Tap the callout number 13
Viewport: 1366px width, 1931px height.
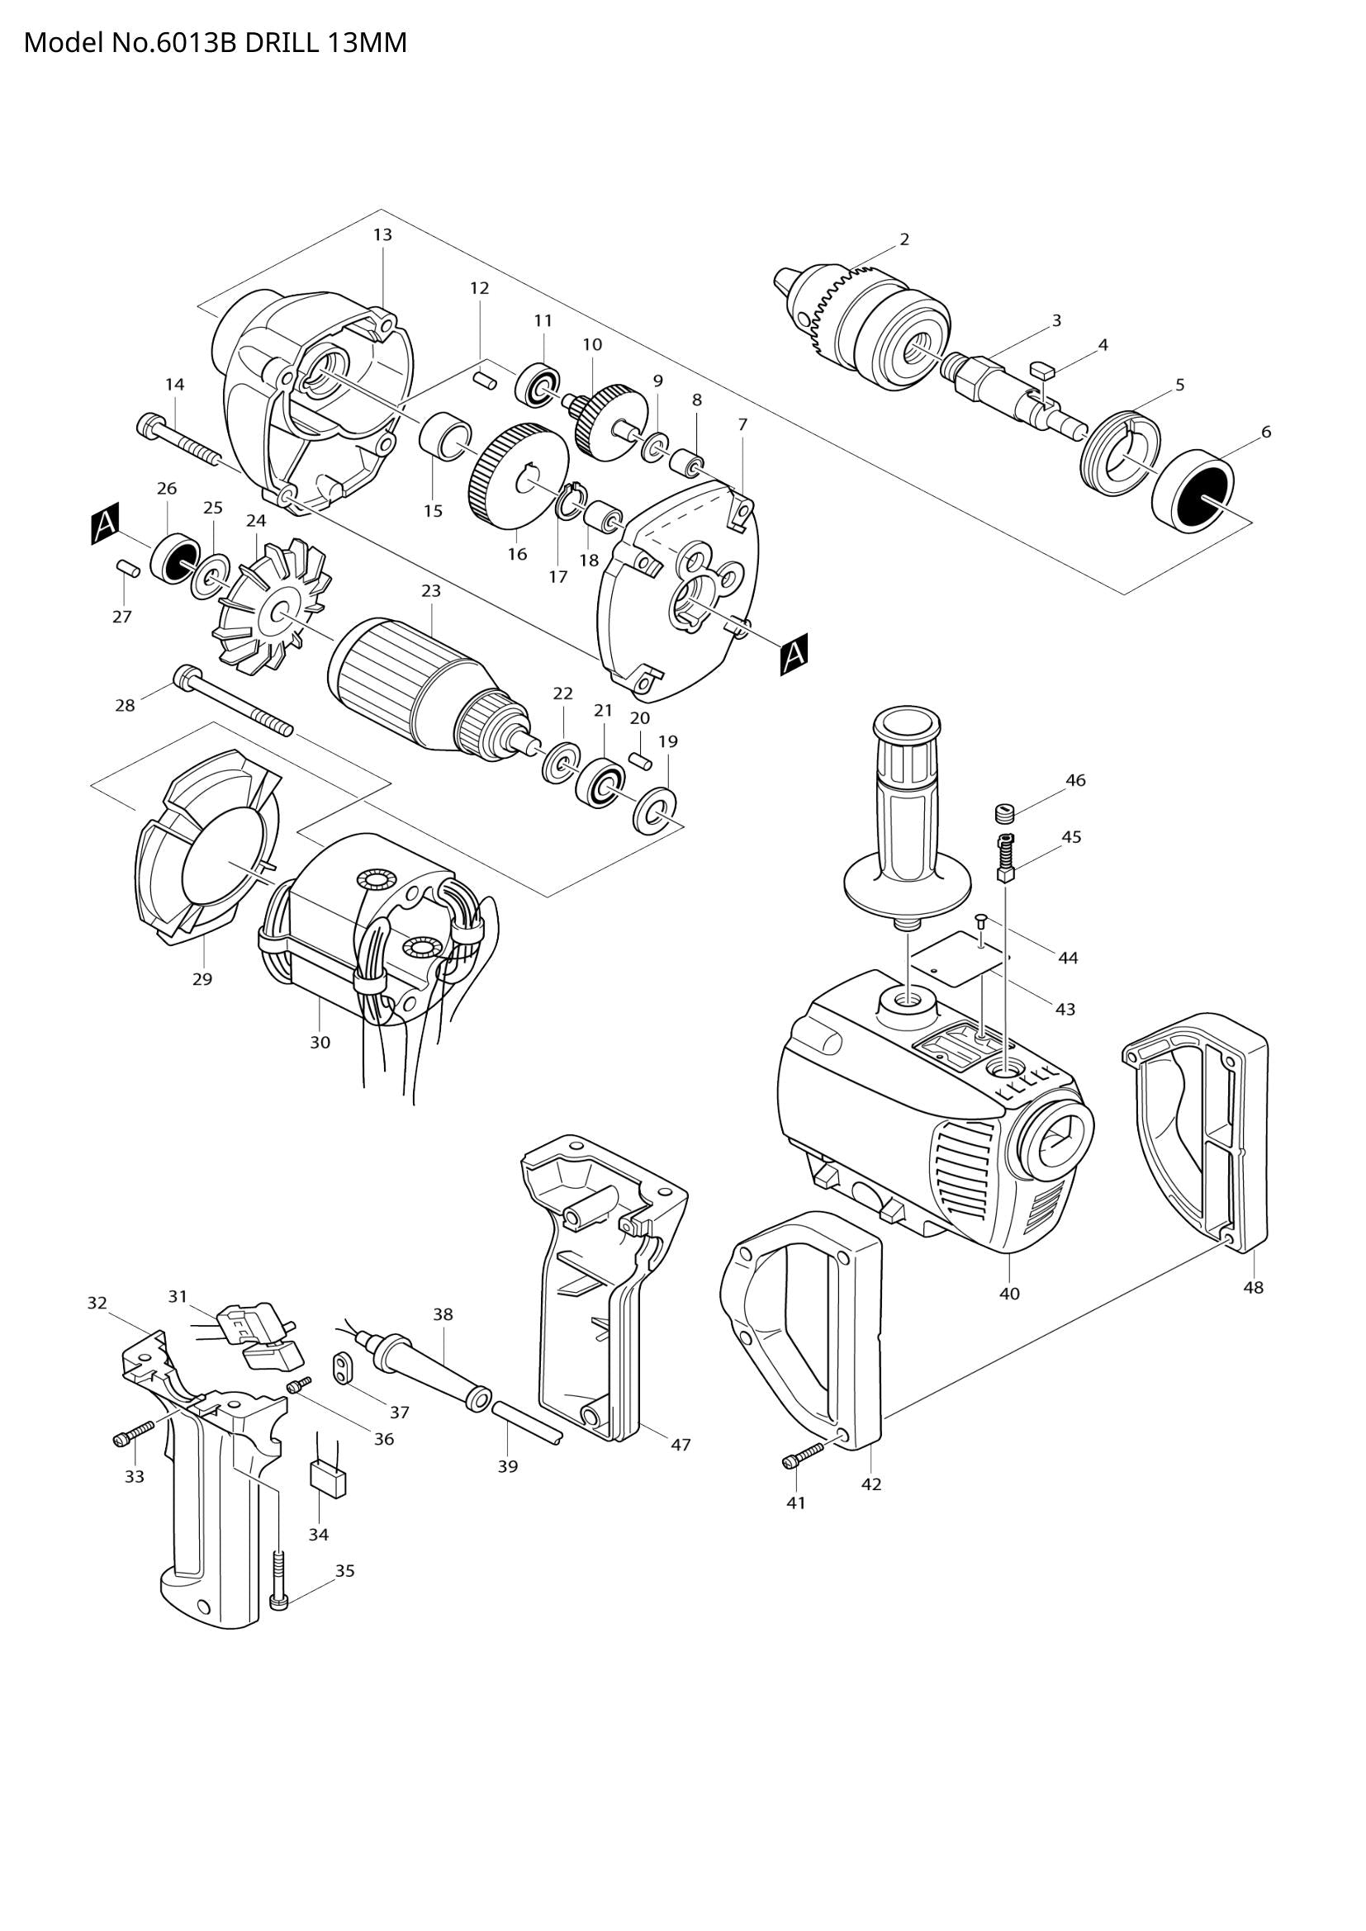pos(382,234)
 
